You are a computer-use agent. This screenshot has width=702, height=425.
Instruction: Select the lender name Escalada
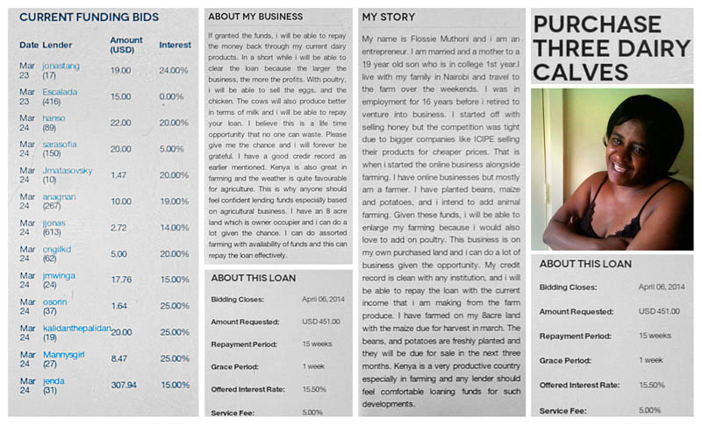point(61,91)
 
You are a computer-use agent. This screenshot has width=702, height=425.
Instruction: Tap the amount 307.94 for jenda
point(123,384)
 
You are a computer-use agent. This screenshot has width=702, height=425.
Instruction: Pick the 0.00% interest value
point(171,96)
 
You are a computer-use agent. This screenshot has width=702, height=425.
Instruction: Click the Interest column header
point(175,45)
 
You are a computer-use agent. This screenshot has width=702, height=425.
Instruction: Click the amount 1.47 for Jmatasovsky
point(119,175)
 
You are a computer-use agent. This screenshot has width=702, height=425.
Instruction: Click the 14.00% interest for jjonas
point(174,227)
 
